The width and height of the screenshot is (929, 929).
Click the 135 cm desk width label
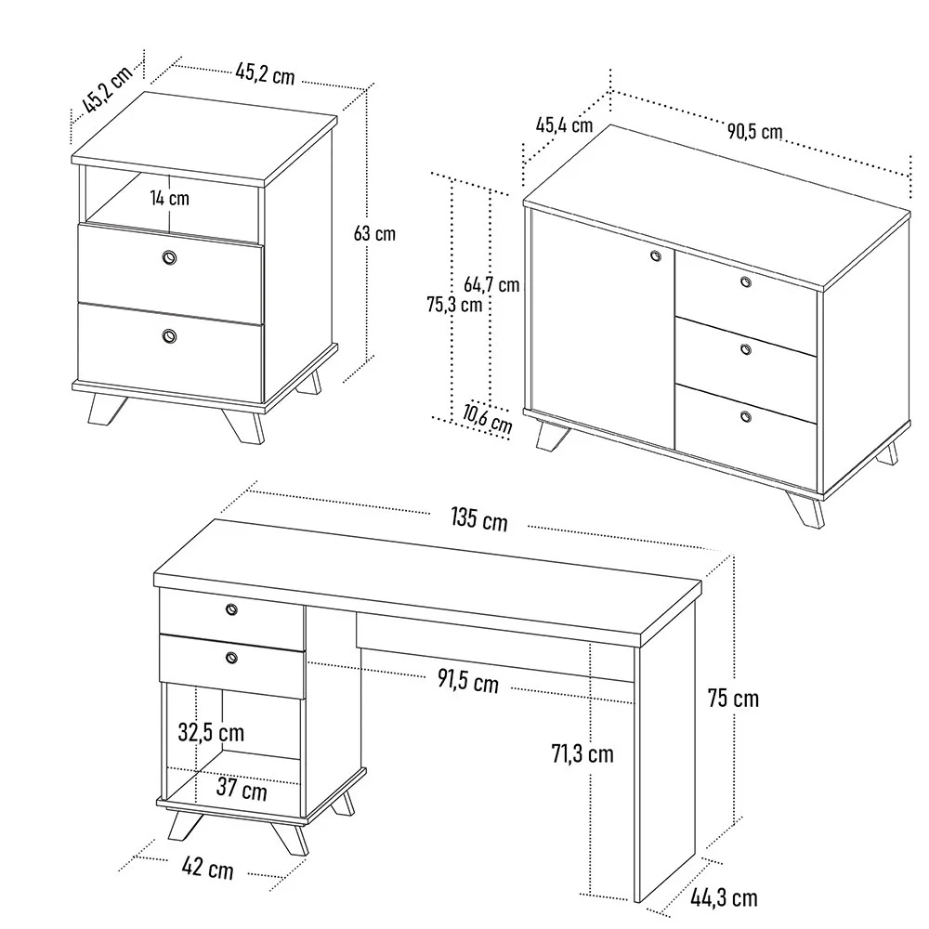click(x=479, y=519)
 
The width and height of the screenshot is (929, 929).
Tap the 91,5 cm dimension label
click(x=468, y=681)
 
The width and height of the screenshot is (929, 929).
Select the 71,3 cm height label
click(x=582, y=753)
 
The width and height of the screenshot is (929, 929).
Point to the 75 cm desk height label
click(x=734, y=698)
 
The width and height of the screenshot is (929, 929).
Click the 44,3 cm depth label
click(x=724, y=897)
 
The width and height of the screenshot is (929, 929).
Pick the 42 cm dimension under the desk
click(x=207, y=870)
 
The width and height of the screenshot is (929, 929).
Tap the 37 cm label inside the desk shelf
click(x=242, y=790)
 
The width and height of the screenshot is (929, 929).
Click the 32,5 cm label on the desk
click(x=211, y=732)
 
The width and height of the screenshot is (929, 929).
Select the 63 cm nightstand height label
click(x=374, y=233)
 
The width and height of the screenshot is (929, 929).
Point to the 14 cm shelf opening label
click(x=169, y=197)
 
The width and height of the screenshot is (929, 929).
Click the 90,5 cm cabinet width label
click(x=753, y=131)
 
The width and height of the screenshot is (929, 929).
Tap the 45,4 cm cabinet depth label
click(x=564, y=124)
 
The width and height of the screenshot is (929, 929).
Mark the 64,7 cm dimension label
click(x=491, y=284)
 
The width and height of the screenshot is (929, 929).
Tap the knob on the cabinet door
click(x=654, y=255)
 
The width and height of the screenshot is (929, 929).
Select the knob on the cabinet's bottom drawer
click(x=746, y=417)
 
